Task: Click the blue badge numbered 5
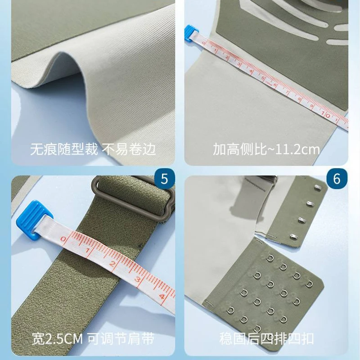164,179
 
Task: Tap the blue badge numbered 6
337,179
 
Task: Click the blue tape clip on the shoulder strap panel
34,220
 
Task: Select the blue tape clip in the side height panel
191,33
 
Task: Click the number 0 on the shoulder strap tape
63,239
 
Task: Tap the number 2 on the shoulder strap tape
112,263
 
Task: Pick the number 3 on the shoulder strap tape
137,279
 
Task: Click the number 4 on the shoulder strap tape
162,296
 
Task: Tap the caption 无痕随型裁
64,149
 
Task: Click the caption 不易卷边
129,149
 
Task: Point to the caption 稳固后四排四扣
266,338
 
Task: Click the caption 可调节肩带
121,339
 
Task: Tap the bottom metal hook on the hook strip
294,237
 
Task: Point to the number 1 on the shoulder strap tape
87,250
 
